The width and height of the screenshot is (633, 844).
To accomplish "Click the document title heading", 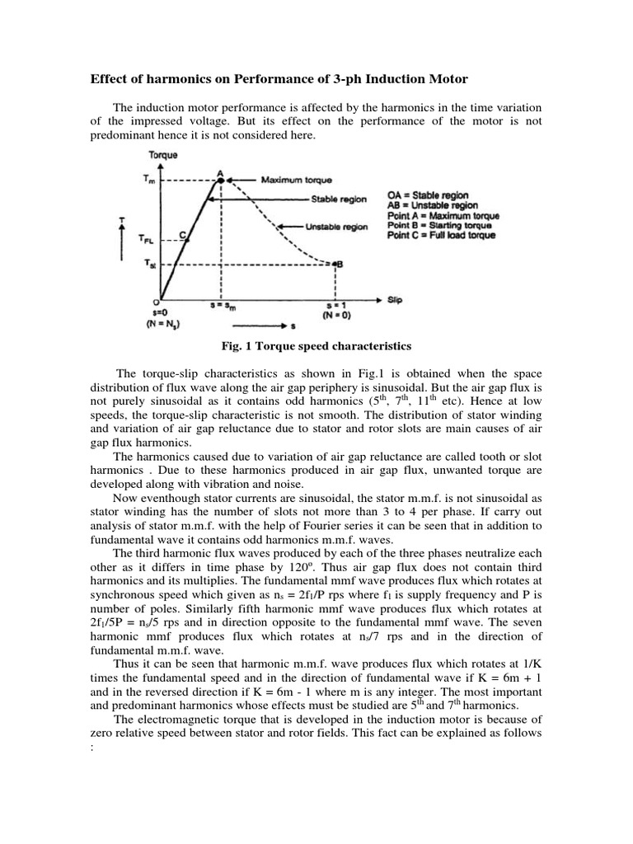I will pos(278,79).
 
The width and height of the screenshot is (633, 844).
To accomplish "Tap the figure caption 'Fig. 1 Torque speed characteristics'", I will pos(316,345).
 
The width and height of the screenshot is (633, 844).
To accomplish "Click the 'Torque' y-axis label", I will pos(162,155).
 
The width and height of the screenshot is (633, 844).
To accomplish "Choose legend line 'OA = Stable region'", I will pos(430,195).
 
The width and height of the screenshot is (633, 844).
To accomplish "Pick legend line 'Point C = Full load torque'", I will pos(442,235).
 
